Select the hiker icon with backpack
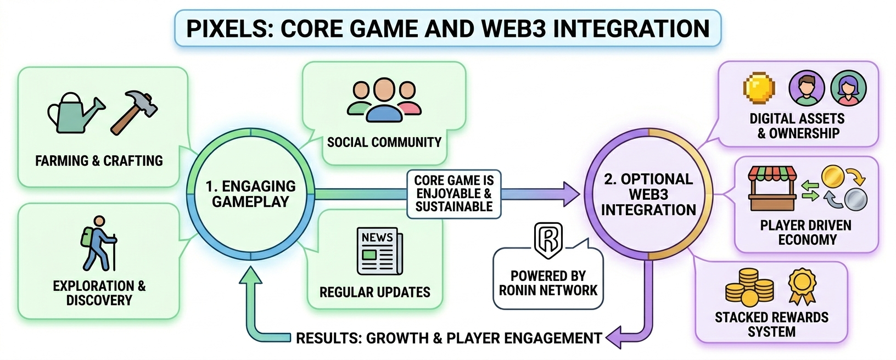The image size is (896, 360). point(99,243)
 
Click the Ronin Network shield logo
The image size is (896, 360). point(548,240)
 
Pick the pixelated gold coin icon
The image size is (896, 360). point(759,88)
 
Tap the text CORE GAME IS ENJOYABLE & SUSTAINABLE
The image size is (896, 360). point(454,194)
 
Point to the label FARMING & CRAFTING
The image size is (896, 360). point(99,161)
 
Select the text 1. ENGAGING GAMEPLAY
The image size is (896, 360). point(250,194)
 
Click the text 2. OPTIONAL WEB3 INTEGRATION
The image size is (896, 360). point(648,194)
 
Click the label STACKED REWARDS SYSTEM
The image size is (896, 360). point(771,324)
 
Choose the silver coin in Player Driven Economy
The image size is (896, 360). point(855,199)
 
